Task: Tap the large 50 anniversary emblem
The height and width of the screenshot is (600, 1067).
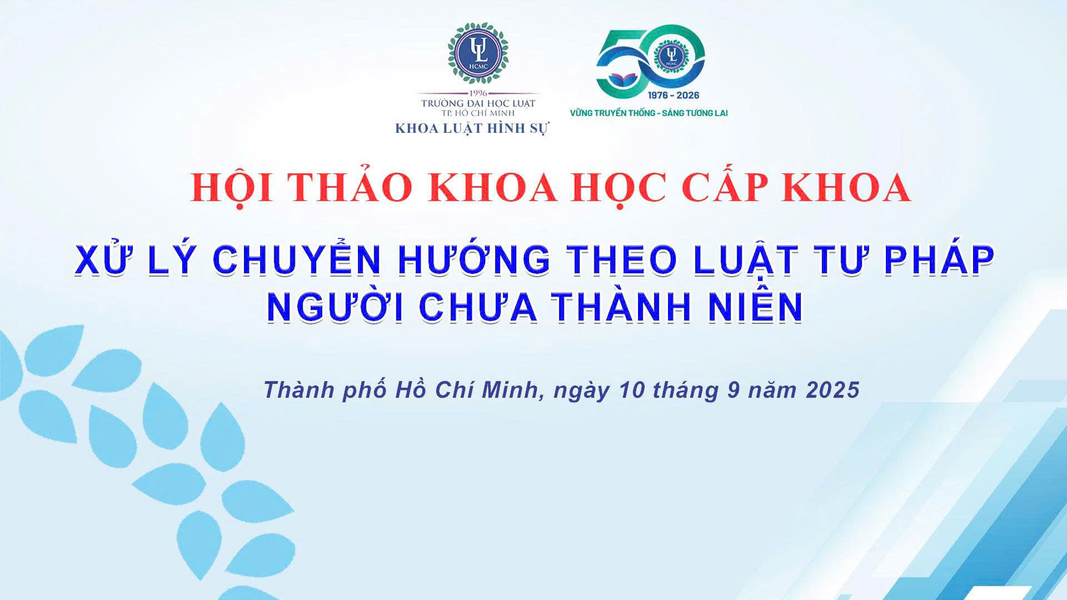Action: [x=651, y=61]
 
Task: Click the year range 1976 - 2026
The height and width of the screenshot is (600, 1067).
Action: [x=674, y=95]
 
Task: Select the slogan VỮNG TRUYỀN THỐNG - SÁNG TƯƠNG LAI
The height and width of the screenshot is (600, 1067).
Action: [x=649, y=113]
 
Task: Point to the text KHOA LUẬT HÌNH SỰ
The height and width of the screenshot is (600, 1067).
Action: [x=472, y=129]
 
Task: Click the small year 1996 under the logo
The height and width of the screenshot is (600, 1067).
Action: [x=478, y=93]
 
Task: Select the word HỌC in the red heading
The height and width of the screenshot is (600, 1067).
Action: [x=620, y=189]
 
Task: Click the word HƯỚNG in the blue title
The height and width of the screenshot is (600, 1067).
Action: [x=474, y=260]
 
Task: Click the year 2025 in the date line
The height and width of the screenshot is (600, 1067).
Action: [x=832, y=390]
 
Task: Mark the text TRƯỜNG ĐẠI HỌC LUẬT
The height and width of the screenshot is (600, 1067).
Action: [x=478, y=103]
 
